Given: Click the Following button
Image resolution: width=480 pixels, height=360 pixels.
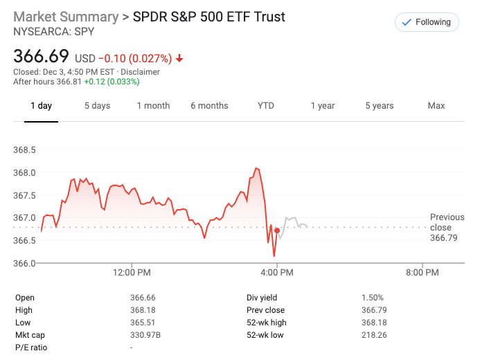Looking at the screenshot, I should [x=427, y=22].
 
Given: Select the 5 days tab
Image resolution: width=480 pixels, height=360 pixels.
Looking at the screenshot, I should [x=97, y=106].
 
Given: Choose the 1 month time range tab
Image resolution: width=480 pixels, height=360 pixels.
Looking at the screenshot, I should [x=153, y=106].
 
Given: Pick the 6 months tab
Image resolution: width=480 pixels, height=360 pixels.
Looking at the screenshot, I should [x=209, y=106].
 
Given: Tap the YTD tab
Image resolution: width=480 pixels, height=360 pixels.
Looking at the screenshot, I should [x=266, y=106].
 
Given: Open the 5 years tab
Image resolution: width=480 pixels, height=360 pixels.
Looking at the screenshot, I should [x=380, y=106].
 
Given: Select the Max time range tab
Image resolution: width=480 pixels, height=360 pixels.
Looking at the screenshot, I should [x=436, y=106].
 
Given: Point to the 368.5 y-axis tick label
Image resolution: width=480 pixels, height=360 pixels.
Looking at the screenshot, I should [x=24, y=150].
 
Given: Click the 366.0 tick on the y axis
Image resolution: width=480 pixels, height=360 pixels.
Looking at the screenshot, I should [x=24, y=263].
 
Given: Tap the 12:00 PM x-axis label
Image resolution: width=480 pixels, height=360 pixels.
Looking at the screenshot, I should [x=132, y=273].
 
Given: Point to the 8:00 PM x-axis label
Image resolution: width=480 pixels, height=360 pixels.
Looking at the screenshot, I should [x=422, y=273].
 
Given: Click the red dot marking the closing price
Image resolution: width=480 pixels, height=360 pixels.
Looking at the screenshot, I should [x=277, y=231].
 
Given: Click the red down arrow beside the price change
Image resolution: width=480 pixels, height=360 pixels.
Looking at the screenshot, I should [x=179, y=59].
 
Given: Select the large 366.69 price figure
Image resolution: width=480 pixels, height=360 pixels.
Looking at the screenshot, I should [x=42, y=56].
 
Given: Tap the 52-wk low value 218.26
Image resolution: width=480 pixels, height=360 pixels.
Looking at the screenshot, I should [x=374, y=335].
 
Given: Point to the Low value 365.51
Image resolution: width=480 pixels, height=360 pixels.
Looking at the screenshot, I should [x=143, y=323].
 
